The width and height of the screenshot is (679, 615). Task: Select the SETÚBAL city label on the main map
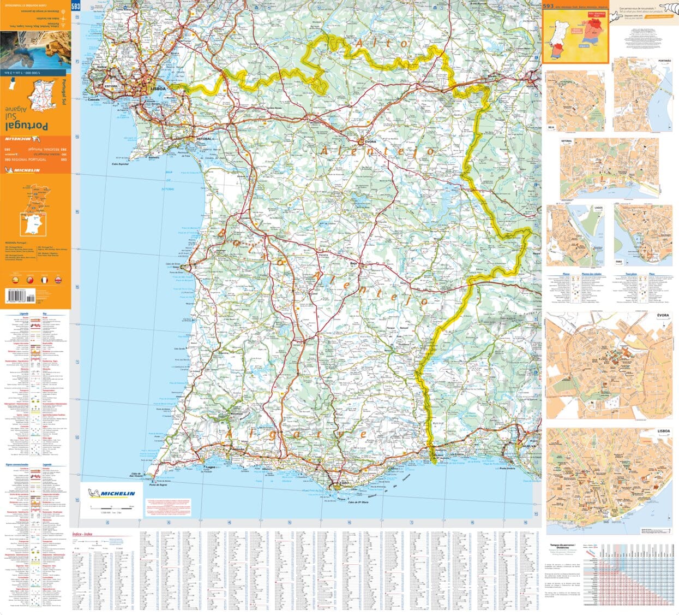coord(203,139)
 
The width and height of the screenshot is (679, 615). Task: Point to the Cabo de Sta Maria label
coord(359,501)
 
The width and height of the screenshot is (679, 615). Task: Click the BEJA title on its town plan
coord(551,127)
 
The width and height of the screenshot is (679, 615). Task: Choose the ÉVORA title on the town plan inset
coord(662,315)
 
